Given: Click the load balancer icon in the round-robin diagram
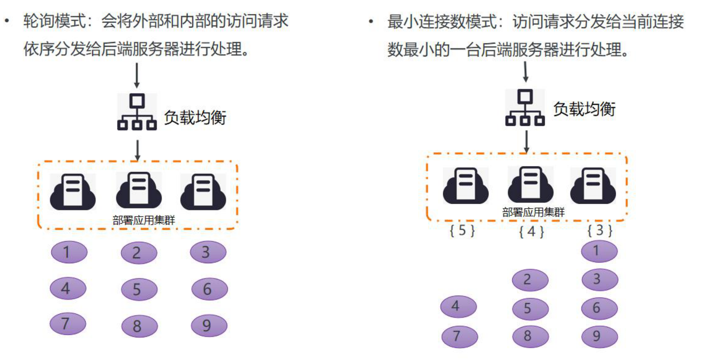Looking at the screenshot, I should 137,112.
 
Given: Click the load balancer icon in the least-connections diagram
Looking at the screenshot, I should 525,107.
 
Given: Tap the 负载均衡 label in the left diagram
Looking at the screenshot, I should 195,117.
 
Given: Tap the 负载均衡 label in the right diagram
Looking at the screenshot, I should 584,109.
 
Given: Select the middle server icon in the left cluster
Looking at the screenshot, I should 139,190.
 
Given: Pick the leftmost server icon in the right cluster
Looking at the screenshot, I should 465,186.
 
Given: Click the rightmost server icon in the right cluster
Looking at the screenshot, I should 593,186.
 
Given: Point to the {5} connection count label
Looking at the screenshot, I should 462,231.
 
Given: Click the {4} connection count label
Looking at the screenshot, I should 531,232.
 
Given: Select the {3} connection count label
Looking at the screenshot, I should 600,230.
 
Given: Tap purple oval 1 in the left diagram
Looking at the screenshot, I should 69,252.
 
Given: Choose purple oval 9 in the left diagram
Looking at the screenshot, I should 209,326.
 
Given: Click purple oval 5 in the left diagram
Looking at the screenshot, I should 139,289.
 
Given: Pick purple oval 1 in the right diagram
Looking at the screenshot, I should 599,251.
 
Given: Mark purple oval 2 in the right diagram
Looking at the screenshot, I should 530,280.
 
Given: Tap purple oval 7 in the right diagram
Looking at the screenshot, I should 459,336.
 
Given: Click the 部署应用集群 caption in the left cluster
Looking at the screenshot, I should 144,220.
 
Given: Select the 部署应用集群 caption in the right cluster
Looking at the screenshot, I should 533,212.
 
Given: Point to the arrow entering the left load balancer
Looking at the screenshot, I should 137,75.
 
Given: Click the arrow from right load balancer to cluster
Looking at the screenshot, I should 526,141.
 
